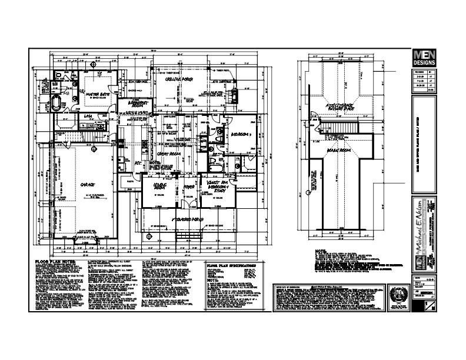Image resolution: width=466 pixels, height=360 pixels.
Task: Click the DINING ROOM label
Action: coord(160,187)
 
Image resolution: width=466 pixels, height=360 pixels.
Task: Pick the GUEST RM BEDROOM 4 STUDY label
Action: coord(215,186)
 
